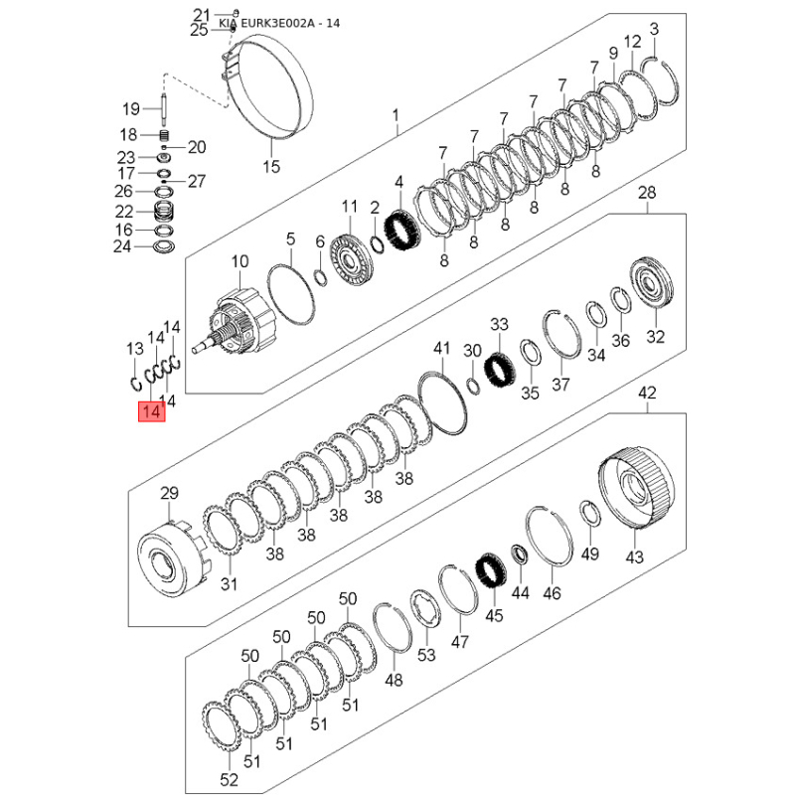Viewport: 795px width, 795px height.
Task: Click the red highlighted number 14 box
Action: click(152, 411)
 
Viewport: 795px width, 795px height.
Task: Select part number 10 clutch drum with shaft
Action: click(238, 320)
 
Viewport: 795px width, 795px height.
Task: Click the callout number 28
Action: click(647, 193)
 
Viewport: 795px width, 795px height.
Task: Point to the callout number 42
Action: click(647, 393)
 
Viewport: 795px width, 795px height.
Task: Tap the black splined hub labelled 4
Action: click(404, 231)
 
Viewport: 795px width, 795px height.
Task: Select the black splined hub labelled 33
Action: click(500, 371)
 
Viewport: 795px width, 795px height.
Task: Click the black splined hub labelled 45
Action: click(490, 570)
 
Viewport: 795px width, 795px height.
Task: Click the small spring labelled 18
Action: click(164, 135)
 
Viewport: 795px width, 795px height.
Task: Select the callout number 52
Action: click(230, 779)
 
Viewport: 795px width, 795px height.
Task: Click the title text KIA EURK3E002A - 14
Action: click(279, 23)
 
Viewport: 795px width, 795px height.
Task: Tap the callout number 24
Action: click(122, 246)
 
